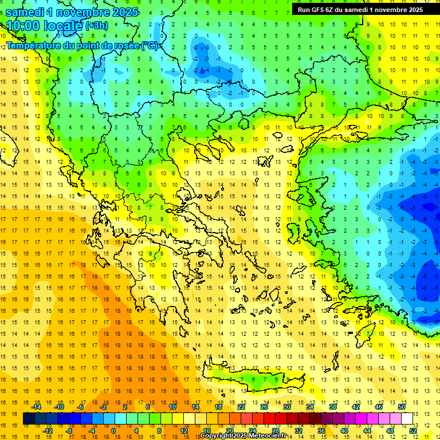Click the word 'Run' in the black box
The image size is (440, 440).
[x=304, y=9]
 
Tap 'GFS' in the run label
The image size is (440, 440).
[x=318, y=9]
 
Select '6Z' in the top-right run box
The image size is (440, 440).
[x=331, y=9]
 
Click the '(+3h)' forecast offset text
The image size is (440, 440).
[x=96, y=26]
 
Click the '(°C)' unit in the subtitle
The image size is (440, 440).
[x=150, y=45]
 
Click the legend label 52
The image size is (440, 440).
[x=414, y=431]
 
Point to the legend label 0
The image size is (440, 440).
[x=113, y=431]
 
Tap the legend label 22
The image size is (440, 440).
[x=241, y=407]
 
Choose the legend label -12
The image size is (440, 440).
[x=48, y=431]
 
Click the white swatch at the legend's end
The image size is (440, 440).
[x=407, y=419]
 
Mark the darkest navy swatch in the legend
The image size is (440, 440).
[x=29, y=419]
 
